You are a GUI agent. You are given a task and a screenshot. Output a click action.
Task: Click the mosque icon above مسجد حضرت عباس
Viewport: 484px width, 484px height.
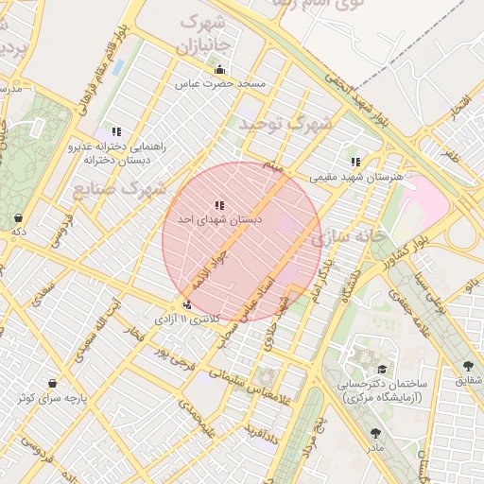pyautogui.click(x=220, y=69)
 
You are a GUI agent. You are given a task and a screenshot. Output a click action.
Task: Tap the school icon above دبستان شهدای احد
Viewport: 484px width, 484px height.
pyautogui.click(x=219, y=204)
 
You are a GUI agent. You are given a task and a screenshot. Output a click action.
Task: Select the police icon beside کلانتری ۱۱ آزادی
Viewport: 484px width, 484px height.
pyautogui.click(x=187, y=304)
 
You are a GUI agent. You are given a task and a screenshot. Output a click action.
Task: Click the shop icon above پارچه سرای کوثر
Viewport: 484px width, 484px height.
pyautogui.click(x=50, y=384)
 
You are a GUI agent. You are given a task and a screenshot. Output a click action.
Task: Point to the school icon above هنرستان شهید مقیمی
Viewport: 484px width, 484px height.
pyautogui.click(x=355, y=162)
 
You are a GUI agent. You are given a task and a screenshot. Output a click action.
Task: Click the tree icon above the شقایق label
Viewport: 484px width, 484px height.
pyautogui.click(x=468, y=366)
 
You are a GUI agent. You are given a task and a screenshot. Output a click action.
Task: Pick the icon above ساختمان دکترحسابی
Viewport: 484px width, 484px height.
pyautogui.click(x=382, y=370)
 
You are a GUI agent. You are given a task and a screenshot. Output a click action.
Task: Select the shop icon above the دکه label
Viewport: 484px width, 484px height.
pyautogui.click(x=18, y=217)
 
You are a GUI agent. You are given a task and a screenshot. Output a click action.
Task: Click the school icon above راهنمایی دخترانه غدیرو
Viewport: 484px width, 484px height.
pyautogui.click(x=116, y=132)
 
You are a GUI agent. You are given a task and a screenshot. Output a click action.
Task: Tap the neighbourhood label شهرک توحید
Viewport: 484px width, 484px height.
pyautogui.click(x=285, y=124)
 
